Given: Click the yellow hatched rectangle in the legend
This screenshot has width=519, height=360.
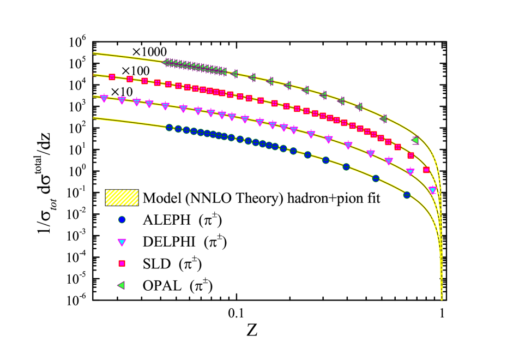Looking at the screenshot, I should tap(122, 197).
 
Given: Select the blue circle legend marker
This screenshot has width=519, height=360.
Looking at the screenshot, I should tap(122, 220).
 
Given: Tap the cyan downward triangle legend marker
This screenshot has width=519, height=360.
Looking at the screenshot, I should tap(122, 242).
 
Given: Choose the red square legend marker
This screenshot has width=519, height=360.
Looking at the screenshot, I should tap(122, 263).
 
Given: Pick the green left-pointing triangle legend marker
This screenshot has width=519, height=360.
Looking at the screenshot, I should tap(122, 285).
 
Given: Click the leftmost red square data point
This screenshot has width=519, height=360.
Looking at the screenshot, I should tap(112, 77).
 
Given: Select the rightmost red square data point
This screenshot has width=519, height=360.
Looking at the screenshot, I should tap(426, 170).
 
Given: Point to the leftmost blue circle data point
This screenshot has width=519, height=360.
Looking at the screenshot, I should tap(170, 128).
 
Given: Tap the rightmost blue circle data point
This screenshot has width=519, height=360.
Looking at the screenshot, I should tap(407, 195).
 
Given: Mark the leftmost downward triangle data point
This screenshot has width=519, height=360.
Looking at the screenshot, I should tap(104, 98).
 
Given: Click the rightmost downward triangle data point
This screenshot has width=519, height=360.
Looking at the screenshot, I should tap(432, 190).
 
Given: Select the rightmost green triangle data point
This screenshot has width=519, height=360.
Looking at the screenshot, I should tap(415, 140).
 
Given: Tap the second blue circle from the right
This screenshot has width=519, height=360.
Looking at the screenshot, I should tap(376, 178).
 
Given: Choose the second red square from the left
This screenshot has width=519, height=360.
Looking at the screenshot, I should tap(130, 79).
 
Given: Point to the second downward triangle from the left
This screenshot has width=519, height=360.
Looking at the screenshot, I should tap(122, 100).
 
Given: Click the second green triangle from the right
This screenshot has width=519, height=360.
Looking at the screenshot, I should tap(384, 118).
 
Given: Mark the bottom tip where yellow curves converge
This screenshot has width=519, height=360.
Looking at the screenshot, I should tap(441, 299).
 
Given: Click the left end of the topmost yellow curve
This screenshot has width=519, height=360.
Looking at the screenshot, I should tap(94, 53).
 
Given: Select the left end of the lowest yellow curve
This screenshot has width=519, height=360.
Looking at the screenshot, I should tap(94, 117).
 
